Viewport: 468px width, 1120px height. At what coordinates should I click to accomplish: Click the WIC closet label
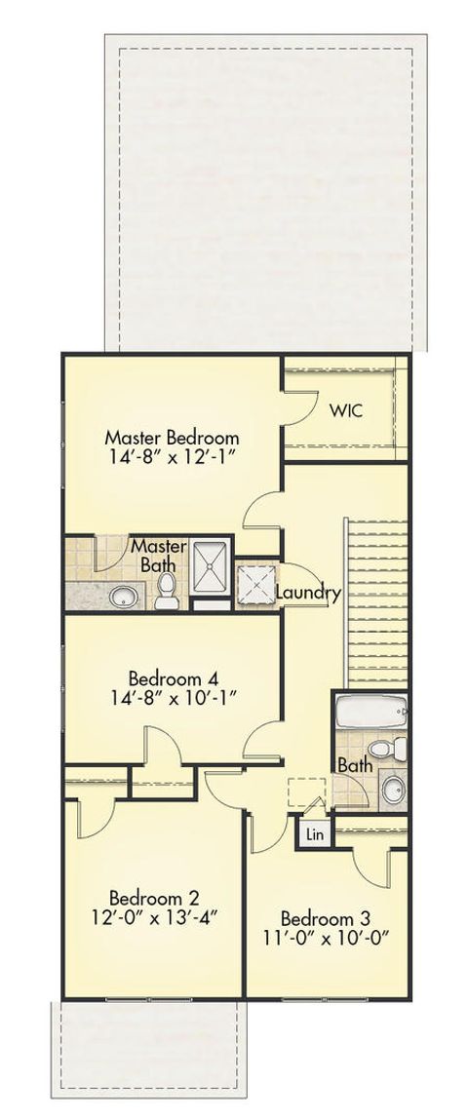pyautogui.click(x=344, y=410)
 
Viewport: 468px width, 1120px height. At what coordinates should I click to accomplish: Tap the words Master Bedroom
pyautogui.click(x=172, y=437)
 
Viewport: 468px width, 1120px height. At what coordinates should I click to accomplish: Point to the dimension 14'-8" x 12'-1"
pyautogui.click(x=172, y=456)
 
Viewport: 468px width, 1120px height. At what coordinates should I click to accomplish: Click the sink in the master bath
pyautogui.click(x=123, y=596)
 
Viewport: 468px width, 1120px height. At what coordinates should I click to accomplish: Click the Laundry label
pyautogui.click(x=307, y=593)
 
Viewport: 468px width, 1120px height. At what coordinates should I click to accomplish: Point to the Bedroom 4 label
pyautogui.click(x=172, y=677)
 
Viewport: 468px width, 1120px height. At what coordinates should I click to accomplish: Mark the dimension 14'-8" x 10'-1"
pyautogui.click(x=172, y=697)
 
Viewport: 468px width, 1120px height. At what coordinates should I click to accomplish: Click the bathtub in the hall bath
pyautogui.click(x=370, y=715)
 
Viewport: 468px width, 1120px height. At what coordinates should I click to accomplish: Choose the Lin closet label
pyautogui.click(x=315, y=834)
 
